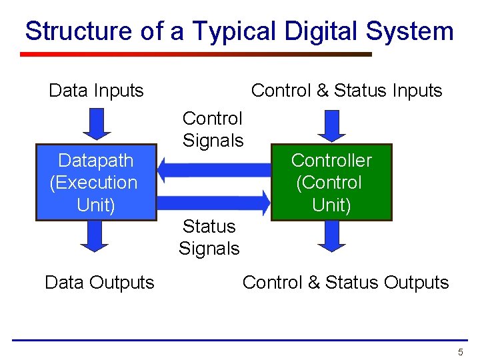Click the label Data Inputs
tap(96, 91)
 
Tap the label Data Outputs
tap(99, 282)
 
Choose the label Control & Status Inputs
tap(347, 91)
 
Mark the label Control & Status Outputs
tap(345, 282)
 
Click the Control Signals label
tap(213, 129)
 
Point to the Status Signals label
tap(209, 237)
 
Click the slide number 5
tap(460, 351)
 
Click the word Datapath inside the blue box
tap(95, 161)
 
